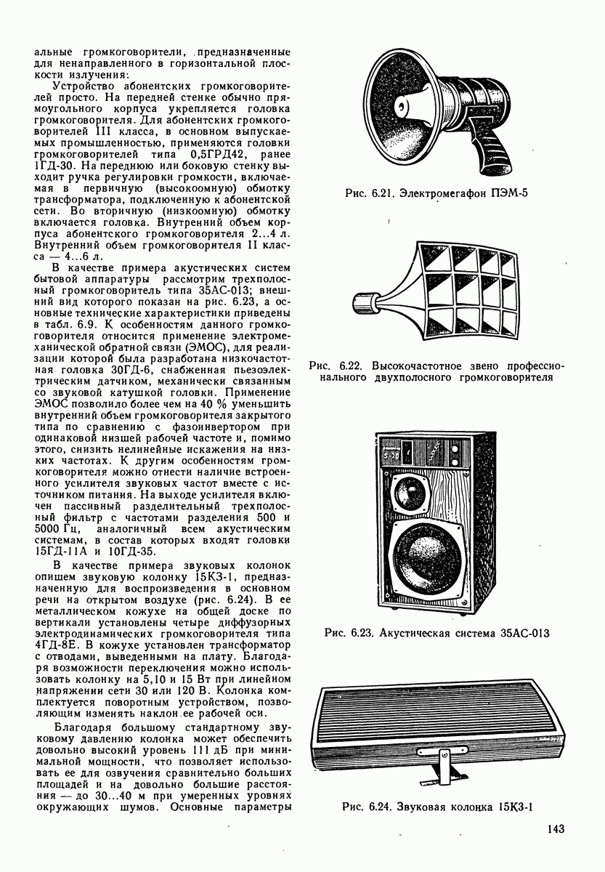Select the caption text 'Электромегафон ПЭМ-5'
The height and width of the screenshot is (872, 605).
click(475, 193)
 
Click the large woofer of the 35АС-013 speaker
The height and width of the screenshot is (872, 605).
click(426, 555)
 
